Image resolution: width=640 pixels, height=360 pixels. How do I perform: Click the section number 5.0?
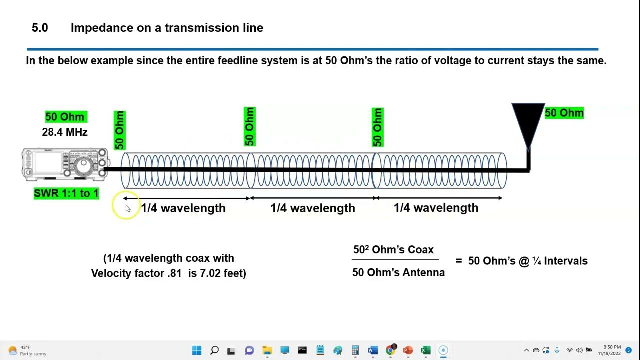tap(40, 28)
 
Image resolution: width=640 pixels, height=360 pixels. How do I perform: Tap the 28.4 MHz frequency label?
tap(65, 132)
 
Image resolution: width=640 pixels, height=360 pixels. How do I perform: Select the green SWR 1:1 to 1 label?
tap(66, 193)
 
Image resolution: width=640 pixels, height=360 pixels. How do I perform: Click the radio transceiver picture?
tap(65, 164)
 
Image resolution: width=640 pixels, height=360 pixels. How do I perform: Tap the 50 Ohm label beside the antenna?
tap(564, 113)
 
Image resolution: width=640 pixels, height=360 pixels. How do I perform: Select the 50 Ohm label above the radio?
tap(65, 117)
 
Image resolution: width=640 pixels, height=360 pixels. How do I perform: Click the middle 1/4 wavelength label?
tap(313, 208)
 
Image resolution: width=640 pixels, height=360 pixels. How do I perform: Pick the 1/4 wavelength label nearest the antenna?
tap(436, 208)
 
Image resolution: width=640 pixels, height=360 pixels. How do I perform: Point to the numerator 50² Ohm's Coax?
tap(393, 250)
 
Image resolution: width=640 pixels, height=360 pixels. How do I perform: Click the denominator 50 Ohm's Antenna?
tap(398, 273)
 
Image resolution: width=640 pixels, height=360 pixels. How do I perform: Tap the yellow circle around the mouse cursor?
tap(125, 206)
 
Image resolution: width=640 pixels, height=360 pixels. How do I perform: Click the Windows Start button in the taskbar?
tap(197, 350)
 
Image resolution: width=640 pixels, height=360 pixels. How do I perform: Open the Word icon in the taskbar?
tap(373, 350)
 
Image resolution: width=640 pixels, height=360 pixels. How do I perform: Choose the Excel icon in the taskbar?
tap(425, 350)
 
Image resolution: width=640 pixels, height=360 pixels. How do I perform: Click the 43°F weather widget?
tap(27, 350)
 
